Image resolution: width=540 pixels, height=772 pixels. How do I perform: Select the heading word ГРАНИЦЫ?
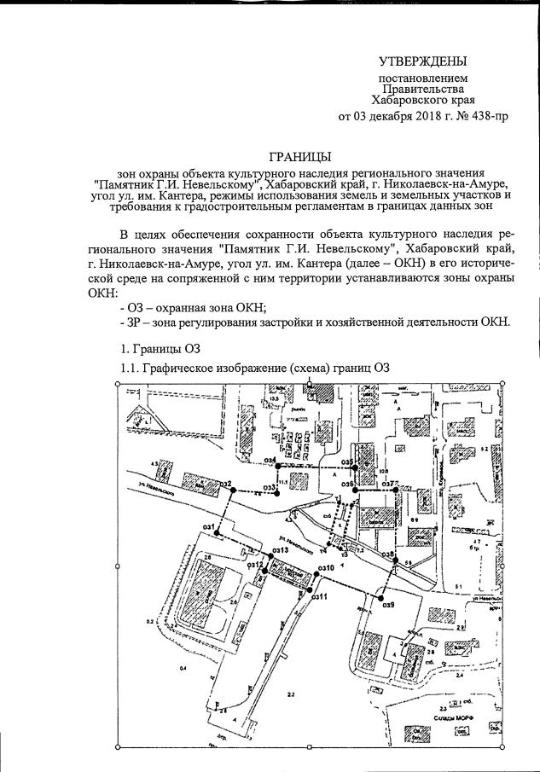[299, 157]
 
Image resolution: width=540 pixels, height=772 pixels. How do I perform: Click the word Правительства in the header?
[422, 89]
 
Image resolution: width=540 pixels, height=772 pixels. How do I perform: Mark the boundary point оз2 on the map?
[233, 489]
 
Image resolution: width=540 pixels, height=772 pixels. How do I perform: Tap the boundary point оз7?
[395, 489]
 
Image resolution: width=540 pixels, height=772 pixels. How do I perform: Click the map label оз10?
[324, 567]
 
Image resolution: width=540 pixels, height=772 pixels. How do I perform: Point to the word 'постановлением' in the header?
[422, 78]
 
